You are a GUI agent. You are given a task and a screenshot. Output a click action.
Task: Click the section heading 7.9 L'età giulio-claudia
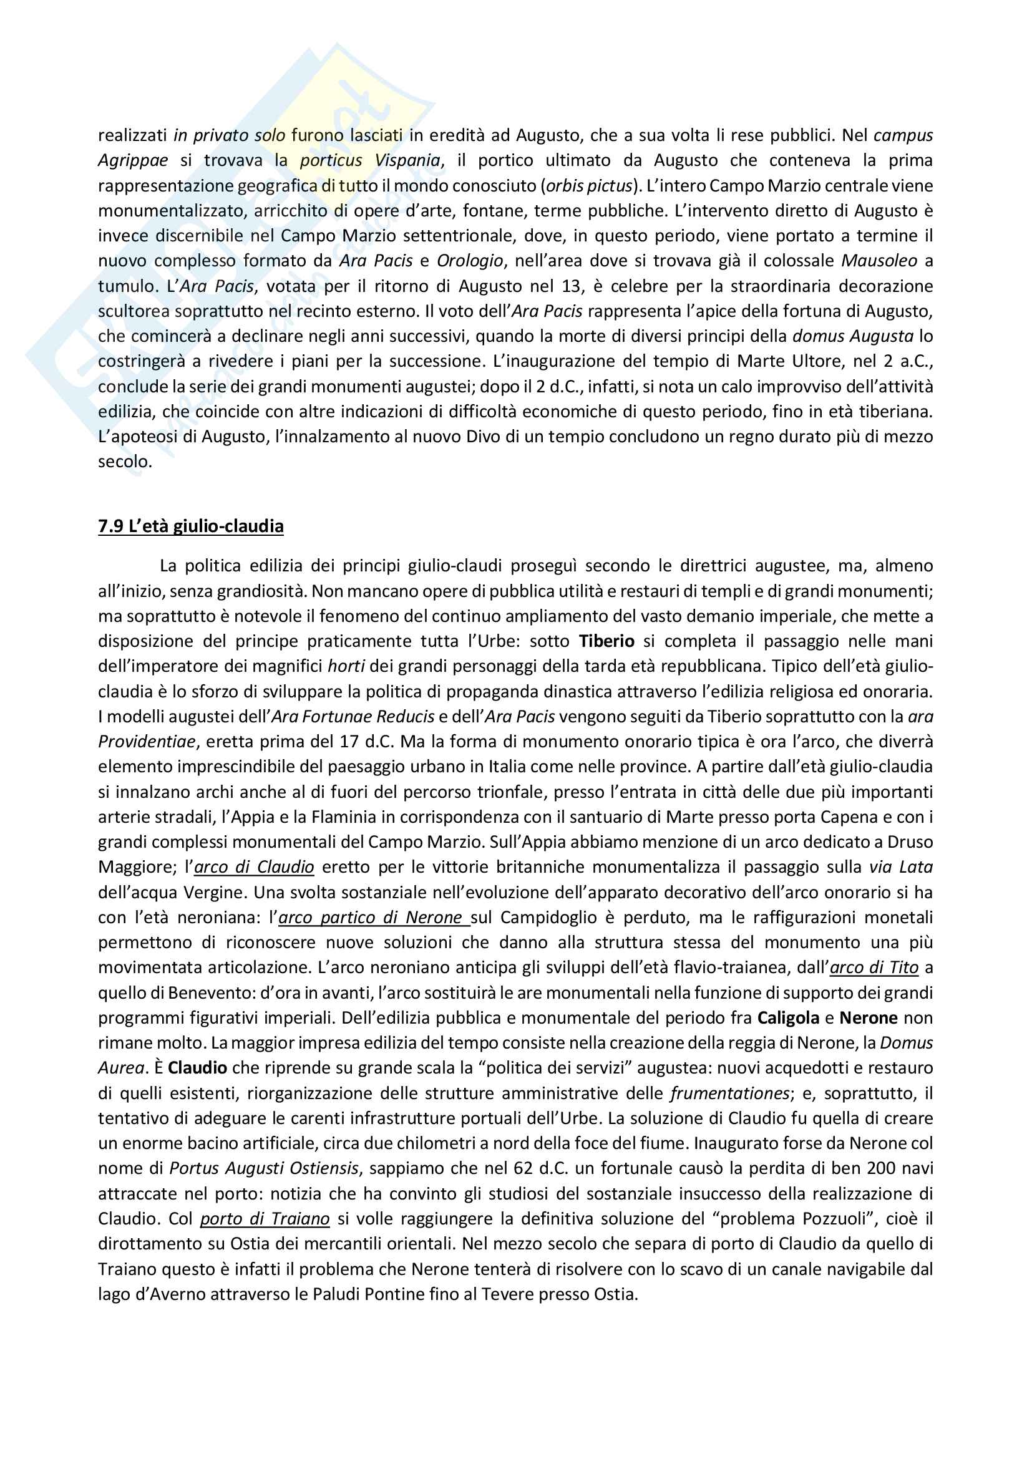[191, 526]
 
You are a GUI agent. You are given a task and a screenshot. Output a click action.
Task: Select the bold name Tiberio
[606, 641]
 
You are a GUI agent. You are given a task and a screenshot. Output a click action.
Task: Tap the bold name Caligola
[787, 1018]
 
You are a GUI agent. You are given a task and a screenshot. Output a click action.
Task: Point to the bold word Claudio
[197, 1068]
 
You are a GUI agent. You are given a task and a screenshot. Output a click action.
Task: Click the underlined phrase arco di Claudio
[254, 868]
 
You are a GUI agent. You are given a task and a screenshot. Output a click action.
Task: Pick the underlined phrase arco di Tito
[874, 968]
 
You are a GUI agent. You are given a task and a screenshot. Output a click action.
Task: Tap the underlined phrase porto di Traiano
[265, 1219]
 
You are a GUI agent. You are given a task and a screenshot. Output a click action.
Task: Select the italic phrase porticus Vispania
[370, 160]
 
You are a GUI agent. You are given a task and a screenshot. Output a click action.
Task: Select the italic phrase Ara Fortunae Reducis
[353, 717]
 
